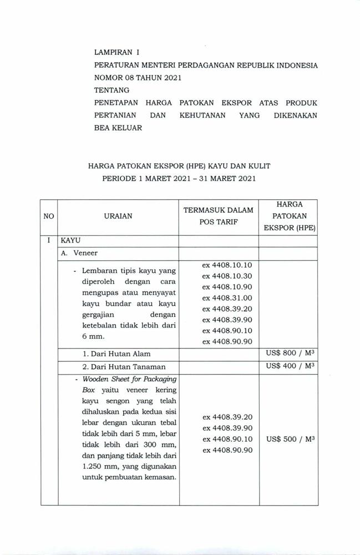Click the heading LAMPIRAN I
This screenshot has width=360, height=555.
[116, 53]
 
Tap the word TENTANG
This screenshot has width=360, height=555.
[111, 90]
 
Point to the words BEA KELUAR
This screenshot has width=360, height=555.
[118, 127]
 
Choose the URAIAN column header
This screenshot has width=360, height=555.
[118, 216]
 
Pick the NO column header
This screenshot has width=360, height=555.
[49, 216]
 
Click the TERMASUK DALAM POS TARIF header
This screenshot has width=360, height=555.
[218, 216]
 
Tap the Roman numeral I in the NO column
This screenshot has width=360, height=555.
[49, 240]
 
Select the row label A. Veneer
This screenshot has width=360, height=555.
[82, 253]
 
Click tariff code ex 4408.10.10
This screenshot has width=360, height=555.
[227, 265]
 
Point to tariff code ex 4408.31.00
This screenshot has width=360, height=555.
[227, 298]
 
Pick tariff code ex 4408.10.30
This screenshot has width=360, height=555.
[227, 276]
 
